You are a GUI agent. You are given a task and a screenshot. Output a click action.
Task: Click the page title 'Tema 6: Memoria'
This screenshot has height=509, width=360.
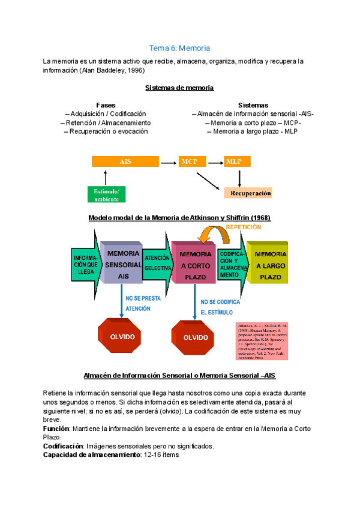click(x=179, y=48)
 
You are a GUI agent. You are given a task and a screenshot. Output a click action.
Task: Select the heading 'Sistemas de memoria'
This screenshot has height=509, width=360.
click(x=179, y=88)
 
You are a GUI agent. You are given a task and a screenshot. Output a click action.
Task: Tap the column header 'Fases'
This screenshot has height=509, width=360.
click(x=106, y=104)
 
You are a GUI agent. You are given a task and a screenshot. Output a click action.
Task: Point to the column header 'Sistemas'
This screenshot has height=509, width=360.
click(x=253, y=104)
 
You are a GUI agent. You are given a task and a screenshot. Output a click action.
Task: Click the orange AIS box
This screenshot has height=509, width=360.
click(x=125, y=161)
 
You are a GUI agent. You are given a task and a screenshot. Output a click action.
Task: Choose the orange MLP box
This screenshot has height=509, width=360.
click(x=237, y=161)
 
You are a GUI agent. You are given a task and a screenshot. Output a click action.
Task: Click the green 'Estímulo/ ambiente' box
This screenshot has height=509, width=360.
click(x=105, y=194)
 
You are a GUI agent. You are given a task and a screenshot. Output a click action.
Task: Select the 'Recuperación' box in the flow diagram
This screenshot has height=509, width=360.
click(x=248, y=193)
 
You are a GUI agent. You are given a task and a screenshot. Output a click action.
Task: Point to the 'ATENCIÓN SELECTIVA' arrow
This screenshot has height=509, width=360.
click(x=158, y=262)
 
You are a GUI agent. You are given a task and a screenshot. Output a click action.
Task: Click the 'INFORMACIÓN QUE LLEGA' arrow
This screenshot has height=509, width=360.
click(x=86, y=262)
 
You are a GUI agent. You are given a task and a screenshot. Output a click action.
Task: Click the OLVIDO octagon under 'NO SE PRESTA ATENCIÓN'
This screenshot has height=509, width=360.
click(x=122, y=337)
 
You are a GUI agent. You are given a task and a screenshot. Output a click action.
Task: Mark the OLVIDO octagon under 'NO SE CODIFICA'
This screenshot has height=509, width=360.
click(x=195, y=337)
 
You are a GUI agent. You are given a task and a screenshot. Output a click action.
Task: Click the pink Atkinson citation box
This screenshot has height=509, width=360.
click(x=262, y=341)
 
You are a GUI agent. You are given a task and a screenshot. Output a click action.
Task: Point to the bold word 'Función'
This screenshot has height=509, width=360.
click(x=55, y=429)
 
